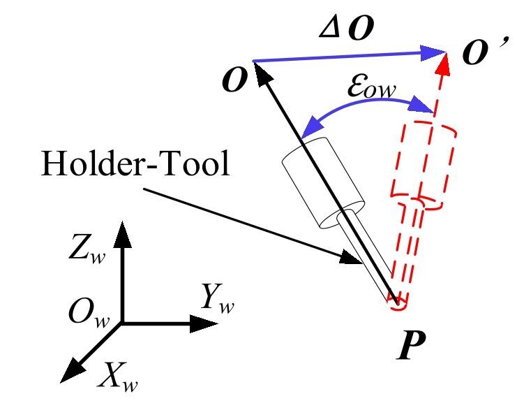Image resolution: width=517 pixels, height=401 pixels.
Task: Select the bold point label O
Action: click(235, 82)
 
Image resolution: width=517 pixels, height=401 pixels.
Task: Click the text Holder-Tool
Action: click(135, 165)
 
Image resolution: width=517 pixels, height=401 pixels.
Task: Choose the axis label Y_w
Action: click(216, 298)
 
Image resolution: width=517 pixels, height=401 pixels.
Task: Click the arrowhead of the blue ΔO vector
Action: click(435, 51)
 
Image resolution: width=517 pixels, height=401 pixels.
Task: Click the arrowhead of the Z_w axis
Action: click(123, 232)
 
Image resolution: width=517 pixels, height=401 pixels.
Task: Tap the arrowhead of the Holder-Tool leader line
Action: click(352, 260)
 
